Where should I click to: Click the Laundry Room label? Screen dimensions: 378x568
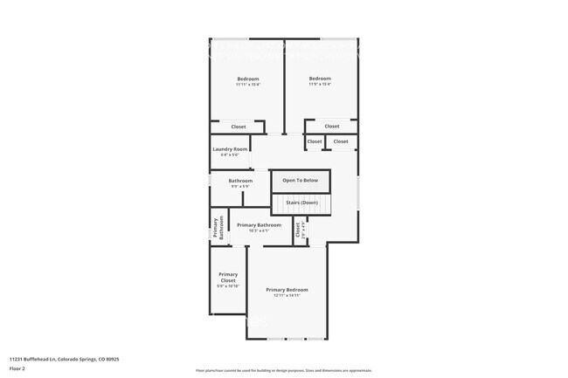230,148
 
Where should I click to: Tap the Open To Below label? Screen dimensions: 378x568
300,181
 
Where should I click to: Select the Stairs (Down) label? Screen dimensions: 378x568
301,202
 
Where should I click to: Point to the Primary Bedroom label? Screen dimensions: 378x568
287,289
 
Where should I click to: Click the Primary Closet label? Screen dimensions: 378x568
227,277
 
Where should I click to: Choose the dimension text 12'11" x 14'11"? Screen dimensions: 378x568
287,296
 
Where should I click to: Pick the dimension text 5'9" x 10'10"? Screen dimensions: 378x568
227,286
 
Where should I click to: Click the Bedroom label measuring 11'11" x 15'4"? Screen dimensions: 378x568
247,79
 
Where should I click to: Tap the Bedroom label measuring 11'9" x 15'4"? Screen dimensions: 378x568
320,79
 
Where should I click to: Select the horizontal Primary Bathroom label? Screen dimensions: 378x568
259,224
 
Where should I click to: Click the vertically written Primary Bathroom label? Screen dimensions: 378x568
218,227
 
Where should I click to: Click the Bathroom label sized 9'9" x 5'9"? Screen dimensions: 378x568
240,181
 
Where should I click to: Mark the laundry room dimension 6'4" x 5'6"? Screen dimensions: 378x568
230,155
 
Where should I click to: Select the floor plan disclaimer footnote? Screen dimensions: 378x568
284,371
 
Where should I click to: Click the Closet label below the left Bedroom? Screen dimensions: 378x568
239,127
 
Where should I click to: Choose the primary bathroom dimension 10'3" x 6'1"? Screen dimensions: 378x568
259,230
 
